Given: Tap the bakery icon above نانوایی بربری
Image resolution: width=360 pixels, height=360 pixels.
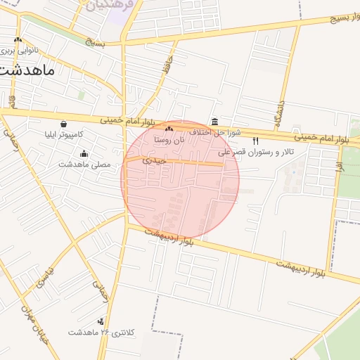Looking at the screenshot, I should click(18, 40).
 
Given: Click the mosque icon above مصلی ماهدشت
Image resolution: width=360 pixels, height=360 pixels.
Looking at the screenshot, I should click(84, 154).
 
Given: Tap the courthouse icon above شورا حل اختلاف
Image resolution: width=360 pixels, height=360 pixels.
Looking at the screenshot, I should click(214, 122).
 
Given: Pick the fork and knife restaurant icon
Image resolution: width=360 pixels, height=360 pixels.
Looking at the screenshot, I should click(255, 141).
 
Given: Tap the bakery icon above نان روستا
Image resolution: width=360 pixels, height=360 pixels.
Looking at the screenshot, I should click(169, 129).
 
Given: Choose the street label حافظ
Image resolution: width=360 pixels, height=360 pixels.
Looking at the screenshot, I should click(166, 68).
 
